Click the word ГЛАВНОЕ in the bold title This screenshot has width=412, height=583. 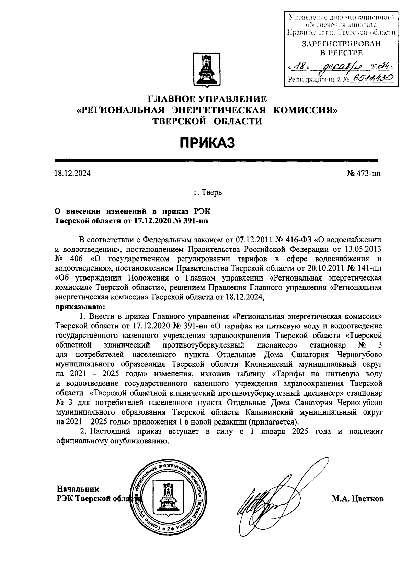(170, 99)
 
